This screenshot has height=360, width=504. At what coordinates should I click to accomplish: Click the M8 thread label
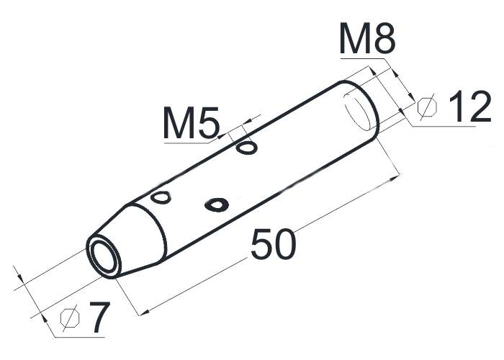(x=367, y=38)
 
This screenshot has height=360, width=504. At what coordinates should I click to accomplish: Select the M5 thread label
(x=192, y=122)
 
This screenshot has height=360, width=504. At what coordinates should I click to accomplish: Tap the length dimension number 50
(x=273, y=244)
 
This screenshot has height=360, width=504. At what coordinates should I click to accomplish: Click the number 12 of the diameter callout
(x=470, y=106)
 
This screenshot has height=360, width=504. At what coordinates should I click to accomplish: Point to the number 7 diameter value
(x=99, y=317)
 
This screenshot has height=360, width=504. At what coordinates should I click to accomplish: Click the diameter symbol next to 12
(x=427, y=107)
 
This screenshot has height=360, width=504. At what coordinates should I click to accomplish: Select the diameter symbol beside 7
(x=69, y=318)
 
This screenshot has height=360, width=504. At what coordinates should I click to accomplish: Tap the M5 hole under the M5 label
(x=246, y=148)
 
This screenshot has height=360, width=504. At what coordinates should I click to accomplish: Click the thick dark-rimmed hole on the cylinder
(x=217, y=204)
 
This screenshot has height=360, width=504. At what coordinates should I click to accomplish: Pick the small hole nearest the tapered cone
(x=161, y=197)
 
